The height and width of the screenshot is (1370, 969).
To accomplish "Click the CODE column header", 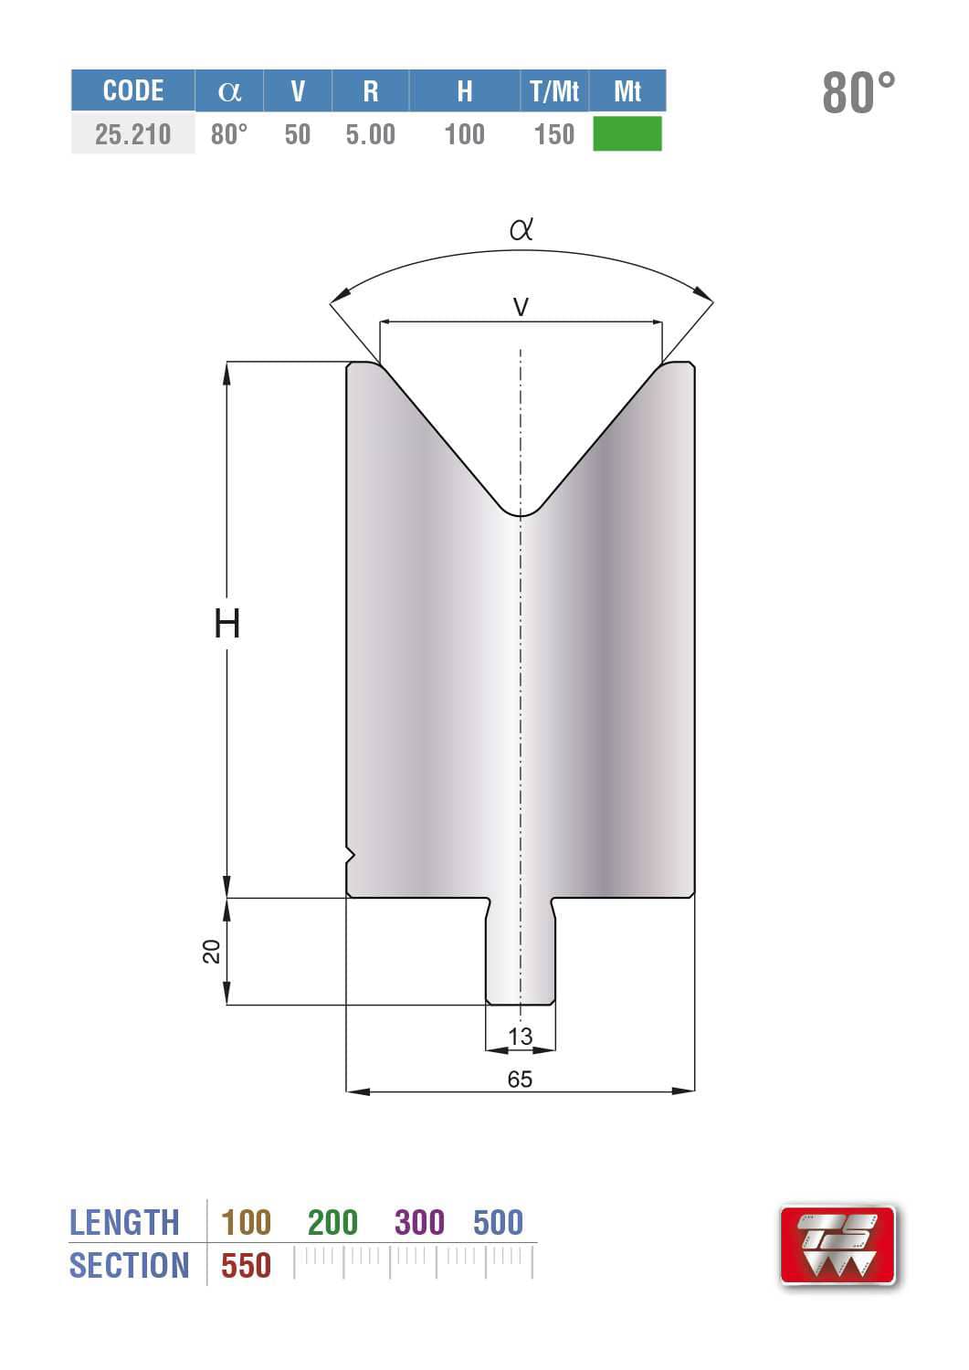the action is coord(133,91).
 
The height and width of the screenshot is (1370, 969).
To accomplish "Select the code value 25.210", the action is coord(132,134).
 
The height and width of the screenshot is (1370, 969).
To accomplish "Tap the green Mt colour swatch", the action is coord(627,133).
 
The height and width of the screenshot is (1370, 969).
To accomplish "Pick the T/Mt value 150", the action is coord(554,134).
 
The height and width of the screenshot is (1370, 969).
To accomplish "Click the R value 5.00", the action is coord(370,134).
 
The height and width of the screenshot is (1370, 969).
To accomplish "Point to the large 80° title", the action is coord(858,93).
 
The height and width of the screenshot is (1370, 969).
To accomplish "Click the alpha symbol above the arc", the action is coord(521,228).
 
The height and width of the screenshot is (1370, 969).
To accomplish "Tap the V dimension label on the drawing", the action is coord(521,306).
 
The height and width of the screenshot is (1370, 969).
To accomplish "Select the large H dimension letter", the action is coord(227,624).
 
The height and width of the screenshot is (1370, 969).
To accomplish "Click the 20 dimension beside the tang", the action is coord(211,952).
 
